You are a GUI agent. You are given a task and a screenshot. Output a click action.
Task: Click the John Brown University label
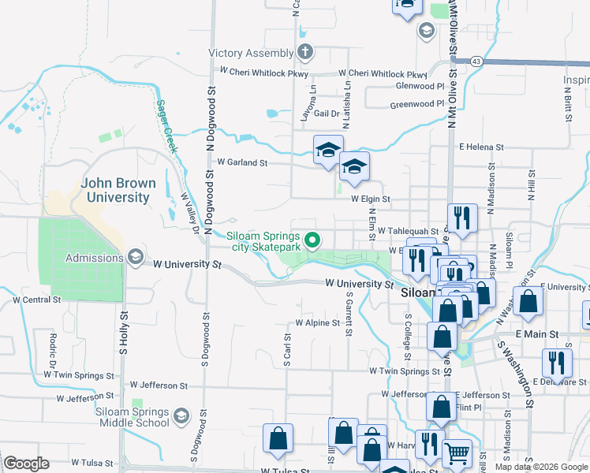tap(118, 190)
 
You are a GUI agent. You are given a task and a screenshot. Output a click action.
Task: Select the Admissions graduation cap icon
tap(135, 257)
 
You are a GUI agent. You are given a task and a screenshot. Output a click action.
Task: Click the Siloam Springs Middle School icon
tap(181, 415)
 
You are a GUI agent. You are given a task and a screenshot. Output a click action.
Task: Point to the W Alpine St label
tap(317, 322)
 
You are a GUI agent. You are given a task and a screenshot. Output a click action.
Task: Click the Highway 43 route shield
tap(476, 61)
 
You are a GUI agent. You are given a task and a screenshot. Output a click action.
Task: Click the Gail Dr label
tap(326, 114)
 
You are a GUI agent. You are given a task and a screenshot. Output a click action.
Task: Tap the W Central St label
tap(37, 300)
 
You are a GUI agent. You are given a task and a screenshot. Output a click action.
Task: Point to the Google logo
tap(26, 464)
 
